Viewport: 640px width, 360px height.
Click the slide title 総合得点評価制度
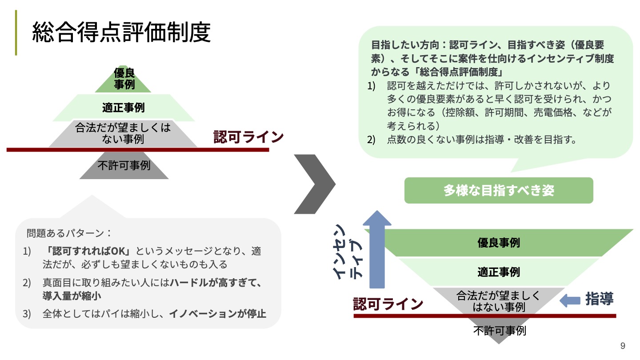click(x=121, y=33)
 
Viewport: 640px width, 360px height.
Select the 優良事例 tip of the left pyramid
click(x=124, y=79)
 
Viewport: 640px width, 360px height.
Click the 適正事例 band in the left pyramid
click(x=124, y=108)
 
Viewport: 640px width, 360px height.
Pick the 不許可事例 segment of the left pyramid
click(x=124, y=166)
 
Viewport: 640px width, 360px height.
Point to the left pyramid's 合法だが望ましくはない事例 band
click(x=123, y=133)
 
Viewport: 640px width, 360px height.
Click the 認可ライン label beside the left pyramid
click(x=248, y=136)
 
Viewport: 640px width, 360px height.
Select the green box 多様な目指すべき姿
click(x=499, y=191)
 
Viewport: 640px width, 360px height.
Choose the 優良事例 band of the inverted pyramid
click(x=499, y=243)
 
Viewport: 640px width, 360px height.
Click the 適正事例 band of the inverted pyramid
click(x=499, y=272)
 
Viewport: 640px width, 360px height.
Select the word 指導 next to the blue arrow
click(x=599, y=299)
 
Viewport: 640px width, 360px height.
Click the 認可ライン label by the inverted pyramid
click(x=388, y=304)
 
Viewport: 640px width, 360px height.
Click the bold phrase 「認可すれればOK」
click(x=90, y=251)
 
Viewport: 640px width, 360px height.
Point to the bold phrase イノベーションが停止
click(x=217, y=313)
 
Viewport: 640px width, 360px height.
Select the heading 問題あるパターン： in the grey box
click(x=69, y=233)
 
